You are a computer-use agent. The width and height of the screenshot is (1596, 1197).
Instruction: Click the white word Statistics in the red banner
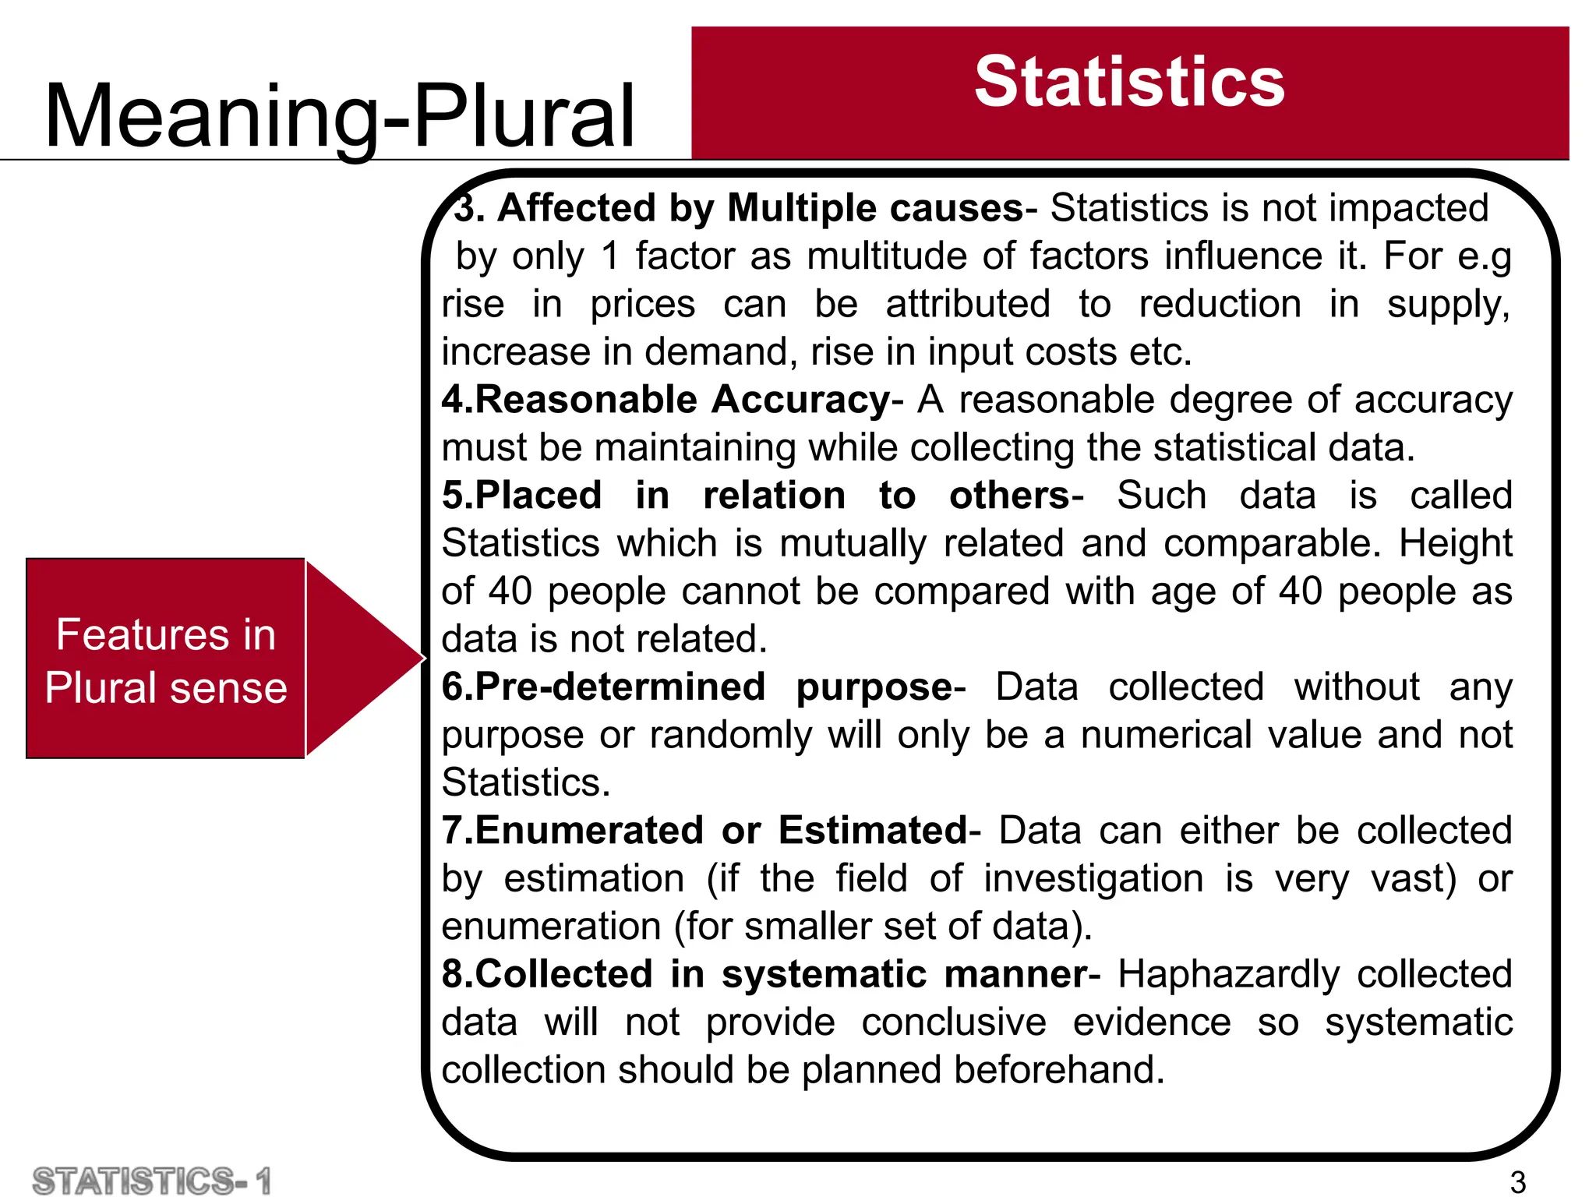click(1128, 83)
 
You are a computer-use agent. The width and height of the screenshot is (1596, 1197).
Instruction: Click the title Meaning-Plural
click(340, 117)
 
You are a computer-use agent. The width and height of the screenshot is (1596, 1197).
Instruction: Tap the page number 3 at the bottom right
click(1517, 1181)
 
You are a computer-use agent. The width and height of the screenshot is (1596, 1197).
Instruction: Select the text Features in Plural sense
click(165, 661)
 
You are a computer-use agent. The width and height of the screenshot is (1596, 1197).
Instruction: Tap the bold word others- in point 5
click(1015, 496)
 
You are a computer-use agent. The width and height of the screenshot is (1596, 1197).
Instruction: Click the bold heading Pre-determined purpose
click(698, 687)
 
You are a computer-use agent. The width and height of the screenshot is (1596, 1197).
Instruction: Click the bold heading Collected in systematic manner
click(765, 974)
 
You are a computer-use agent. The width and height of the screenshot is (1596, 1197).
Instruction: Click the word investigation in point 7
click(1093, 879)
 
